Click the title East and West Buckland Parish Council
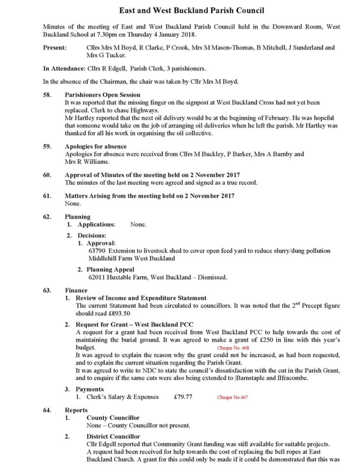[191, 10]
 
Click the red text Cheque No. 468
[233, 348]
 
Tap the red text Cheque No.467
[232, 397]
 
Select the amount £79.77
[183, 397]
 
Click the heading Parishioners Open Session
[102, 95]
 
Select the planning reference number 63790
[97, 251]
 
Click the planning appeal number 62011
[97, 277]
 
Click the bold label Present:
[55, 48]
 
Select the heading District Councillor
[113, 436]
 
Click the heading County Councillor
[113, 418]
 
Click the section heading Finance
[76, 290]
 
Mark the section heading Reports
[76, 410]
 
